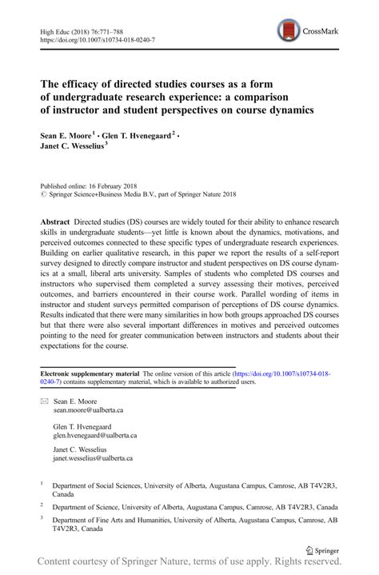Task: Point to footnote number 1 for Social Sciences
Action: tap(42, 483)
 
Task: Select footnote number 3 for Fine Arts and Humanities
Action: tap(42, 517)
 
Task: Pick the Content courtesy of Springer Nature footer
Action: tap(189, 566)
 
